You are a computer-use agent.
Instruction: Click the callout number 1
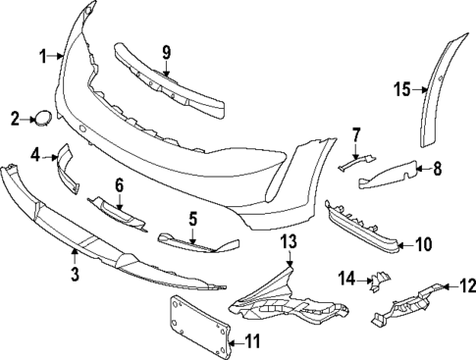coord(42,58)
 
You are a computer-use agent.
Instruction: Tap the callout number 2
coord(15,120)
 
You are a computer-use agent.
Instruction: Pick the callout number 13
coord(288,242)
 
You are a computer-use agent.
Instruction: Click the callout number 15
coord(400,89)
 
